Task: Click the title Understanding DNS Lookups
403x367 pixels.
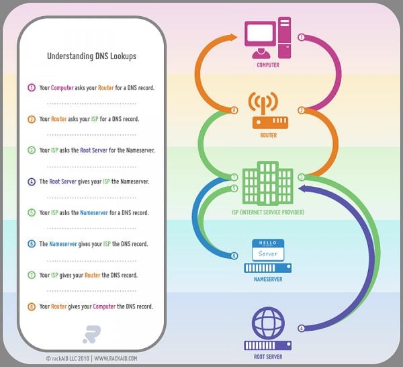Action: pyautogui.click(x=91, y=56)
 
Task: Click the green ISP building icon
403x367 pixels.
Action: pyautogui.click(x=267, y=183)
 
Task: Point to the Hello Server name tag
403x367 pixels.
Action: pyautogui.click(x=268, y=250)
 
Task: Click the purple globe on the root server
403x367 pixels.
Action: pyautogui.click(x=268, y=323)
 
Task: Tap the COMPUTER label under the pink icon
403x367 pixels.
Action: pyautogui.click(x=268, y=65)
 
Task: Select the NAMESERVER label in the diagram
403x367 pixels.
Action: pyautogui.click(x=268, y=279)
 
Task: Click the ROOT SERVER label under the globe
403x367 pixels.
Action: pyautogui.click(x=268, y=357)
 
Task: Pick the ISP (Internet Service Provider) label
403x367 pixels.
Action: pyautogui.click(x=268, y=212)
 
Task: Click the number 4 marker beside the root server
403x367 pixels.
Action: pyautogui.click(x=301, y=329)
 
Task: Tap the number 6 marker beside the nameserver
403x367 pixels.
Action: pyautogui.click(x=234, y=256)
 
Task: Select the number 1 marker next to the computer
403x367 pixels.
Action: pyautogui.click(x=301, y=37)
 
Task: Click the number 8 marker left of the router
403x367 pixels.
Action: pyautogui.click(x=234, y=110)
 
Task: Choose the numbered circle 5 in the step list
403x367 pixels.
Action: pyautogui.click(x=32, y=212)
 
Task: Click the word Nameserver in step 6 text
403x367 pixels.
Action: pyautogui.click(x=63, y=244)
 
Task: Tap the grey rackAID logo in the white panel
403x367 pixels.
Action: pyautogui.click(x=92, y=334)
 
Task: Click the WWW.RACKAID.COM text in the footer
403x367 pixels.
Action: pyautogui.click(x=116, y=358)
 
